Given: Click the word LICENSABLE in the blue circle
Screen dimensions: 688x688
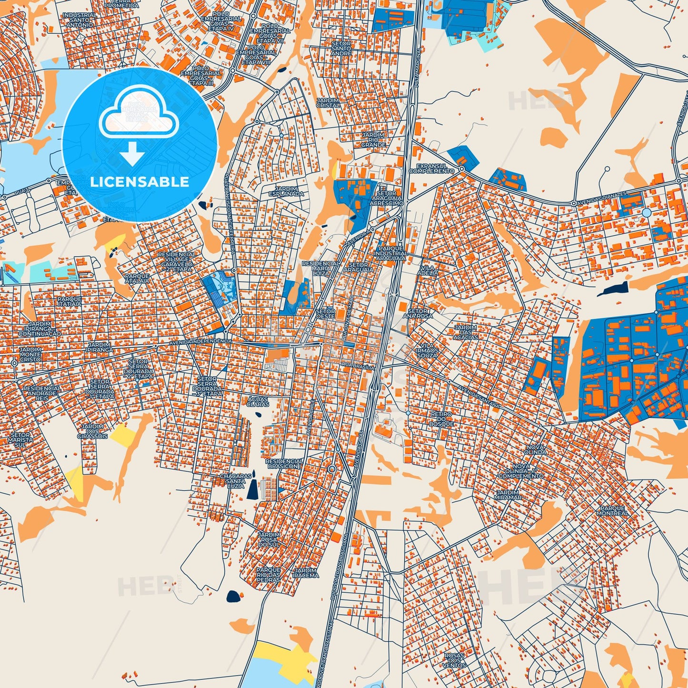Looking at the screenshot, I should coord(140,182).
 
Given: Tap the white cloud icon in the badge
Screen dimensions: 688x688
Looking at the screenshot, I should coord(139,117).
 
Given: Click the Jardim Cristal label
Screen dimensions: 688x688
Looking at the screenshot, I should coord(328,103).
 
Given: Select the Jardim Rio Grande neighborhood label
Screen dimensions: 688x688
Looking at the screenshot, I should coord(373,140).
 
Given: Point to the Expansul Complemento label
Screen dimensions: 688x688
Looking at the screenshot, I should coord(432,168).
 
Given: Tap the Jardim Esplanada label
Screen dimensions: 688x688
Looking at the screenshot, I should coord(286,191).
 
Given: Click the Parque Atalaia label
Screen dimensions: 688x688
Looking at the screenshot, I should coord(137,278).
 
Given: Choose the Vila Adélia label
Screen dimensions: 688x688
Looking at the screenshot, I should coord(427,271).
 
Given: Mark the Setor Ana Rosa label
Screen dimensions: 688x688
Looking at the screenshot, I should coord(418,313).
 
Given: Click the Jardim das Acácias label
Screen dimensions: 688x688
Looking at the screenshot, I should coord(466,332).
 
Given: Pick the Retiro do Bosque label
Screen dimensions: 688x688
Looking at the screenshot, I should coord(441,419).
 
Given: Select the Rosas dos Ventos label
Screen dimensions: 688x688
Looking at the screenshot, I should coord(454,660).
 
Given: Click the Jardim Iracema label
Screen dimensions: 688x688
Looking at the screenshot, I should coord(306,573).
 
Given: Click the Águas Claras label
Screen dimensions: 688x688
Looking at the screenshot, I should coord(258,401).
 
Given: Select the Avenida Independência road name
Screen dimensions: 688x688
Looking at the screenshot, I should coord(200,341).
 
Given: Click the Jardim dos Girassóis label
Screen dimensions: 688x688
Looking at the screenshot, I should coord(93,431).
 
